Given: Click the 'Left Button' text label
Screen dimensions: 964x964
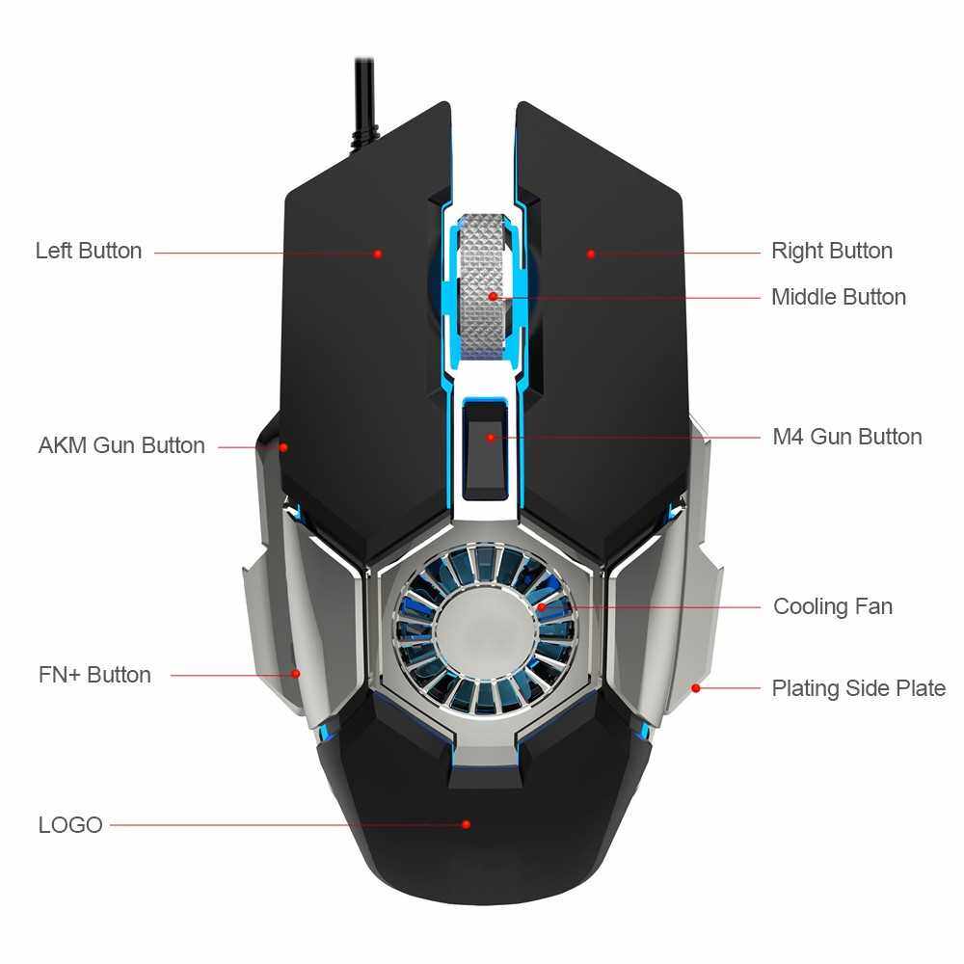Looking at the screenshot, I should (x=89, y=251).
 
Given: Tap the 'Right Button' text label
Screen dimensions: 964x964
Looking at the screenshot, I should (x=831, y=251).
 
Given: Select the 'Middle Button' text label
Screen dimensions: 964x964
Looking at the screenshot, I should (x=838, y=297).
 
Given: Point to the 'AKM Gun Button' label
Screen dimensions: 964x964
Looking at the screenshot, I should (x=121, y=445).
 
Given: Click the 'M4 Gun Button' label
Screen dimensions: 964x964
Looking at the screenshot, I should (x=846, y=437).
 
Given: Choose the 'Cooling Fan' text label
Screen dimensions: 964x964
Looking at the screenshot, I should (x=833, y=606).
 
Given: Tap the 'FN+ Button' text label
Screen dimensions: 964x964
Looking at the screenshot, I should (x=94, y=675).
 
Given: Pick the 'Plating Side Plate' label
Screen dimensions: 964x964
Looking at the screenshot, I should (x=858, y=688).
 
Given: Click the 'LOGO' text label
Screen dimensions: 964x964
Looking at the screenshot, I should (x=70, y=825).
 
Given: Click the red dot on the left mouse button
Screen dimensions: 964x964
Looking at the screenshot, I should (x=379, y=254).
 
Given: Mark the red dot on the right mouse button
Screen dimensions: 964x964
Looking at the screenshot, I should (x=591, y=254).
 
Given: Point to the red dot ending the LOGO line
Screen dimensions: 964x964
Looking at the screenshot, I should (x=466, y=824).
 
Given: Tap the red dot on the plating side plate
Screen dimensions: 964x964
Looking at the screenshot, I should (x=696, y=688).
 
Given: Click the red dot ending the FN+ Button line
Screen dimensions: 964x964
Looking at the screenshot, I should (x=296, y=674).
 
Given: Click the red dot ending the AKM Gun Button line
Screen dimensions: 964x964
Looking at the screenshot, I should (x=283, y=446).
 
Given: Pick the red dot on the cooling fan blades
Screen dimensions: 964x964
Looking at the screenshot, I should (x=542, y=606).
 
